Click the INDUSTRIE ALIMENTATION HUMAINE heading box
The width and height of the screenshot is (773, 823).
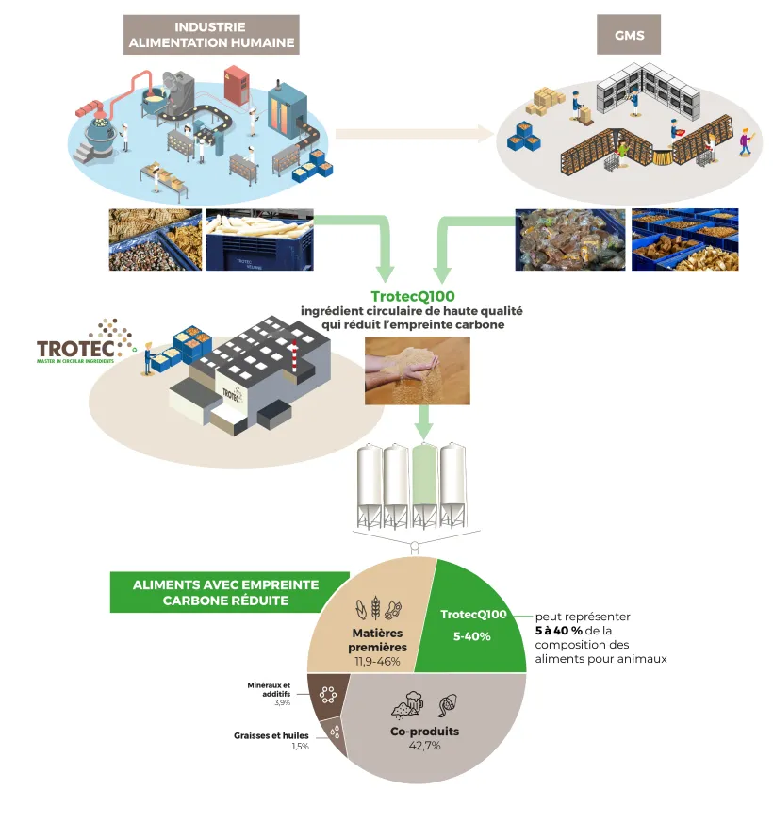pyautogui.click(x=211, y=35)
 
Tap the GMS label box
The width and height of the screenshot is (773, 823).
pyautogui.click(x=629, y=35)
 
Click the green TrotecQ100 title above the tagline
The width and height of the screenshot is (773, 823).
pyautogui.click(x=412, y=296)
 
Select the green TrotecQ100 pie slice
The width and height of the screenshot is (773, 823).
pyautogui.click(x=471, y=623)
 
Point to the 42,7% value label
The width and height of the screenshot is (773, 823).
pyautogui.click(x=424, y=746)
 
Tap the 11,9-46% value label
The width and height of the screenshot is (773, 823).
pyautogui.click(x=377, y=662)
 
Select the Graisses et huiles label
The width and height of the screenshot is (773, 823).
pyautogui.click(x=271, y=735)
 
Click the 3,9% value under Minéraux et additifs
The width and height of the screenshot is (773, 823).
pyautogui.click(x=282, y=703)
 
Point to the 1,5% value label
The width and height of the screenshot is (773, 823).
pyautogui.click(x=300, y=748)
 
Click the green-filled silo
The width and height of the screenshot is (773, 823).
pyautogui.click(x=425, y=483)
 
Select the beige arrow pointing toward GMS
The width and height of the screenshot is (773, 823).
pyautogui.click(x=415, y=134)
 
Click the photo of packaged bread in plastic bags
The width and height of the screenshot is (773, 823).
pyautogui.click(x=569, y=239)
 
